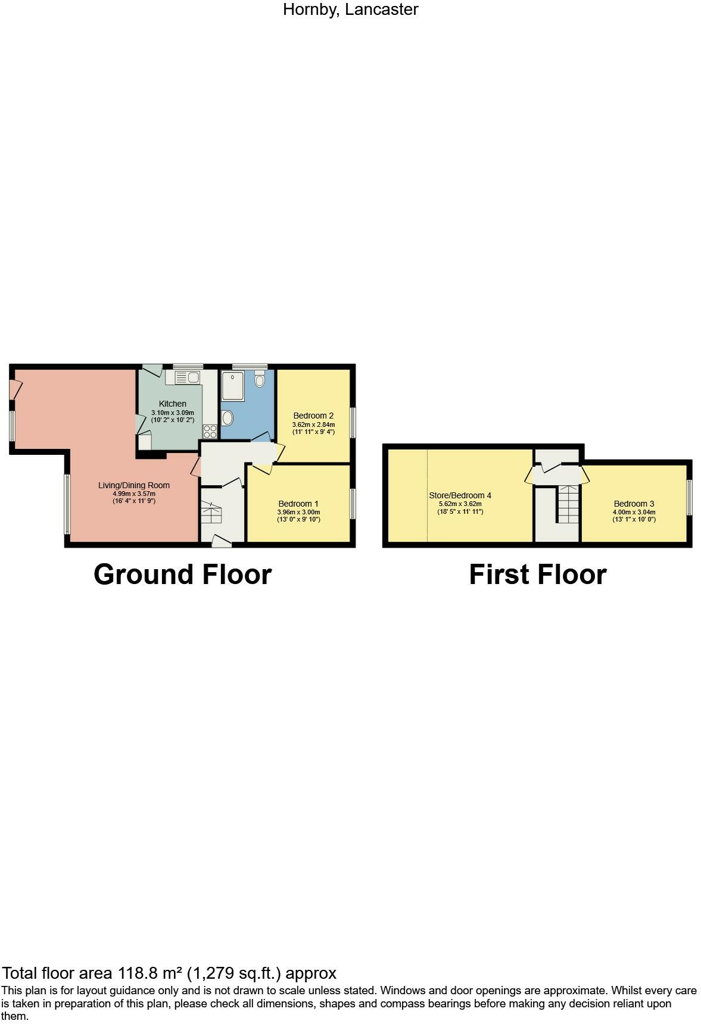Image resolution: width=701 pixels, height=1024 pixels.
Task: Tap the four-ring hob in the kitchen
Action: pyautogui.click(x=210, y=431)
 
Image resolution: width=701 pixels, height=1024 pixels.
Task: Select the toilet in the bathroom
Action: pyautogui.click(x=260, y=379)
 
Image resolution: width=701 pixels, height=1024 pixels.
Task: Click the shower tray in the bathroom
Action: pyautogui.click(x=232, y=386)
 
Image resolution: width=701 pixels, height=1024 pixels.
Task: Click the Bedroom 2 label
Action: pyautogui.click(x=313, y=416)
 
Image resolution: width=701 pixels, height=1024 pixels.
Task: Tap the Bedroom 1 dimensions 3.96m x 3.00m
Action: pyautogui.click(x=298, y=512)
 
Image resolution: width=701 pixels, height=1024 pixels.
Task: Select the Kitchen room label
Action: pyautogui.click(x=172, y=404)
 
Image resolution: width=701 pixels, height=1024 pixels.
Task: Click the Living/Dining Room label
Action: pyautogui.click(x=134, y=485)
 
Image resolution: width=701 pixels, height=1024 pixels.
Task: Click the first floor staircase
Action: pyautogui.click(x=568, y=505)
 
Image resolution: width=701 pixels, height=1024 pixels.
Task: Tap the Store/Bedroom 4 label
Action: pyautogui.click(x=460, y=495)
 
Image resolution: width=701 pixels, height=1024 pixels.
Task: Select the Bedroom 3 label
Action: pyautogui.click(x=634, y=504)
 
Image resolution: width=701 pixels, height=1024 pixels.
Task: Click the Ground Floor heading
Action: pyautogui.click(x=182, y=575)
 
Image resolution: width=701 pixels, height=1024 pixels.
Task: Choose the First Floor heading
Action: pyautogui.click(x=537, y=575)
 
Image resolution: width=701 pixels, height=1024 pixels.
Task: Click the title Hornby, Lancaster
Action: pyautogui.click(x=350, y=10)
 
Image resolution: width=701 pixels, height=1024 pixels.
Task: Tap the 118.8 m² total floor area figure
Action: pyautogui.click(x=149, y=973)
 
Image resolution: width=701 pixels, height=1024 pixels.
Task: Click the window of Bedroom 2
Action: pyautogui.click(x=353, y=422)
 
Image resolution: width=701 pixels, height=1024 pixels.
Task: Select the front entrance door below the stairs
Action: pyautogui.click(x=222, y=541)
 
